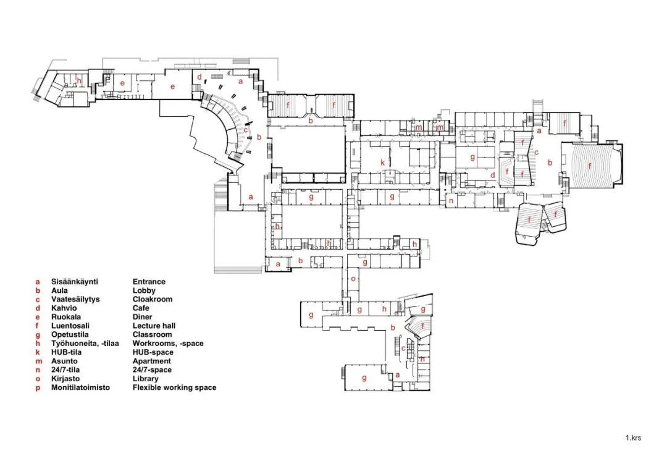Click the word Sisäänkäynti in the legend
75,281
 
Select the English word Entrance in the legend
149,281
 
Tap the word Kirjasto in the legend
65,379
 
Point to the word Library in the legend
146,379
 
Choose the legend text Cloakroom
153,299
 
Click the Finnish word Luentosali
70,326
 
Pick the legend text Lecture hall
154,326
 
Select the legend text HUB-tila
66,352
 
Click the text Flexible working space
174,387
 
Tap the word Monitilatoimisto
80,387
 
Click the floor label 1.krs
633,437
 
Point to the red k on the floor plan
382,163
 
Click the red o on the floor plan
353,279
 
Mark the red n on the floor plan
451,201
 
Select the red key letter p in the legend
38,388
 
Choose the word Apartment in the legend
151,361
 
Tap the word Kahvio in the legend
64,308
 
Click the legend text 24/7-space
152,369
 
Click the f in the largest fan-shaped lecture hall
590,166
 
